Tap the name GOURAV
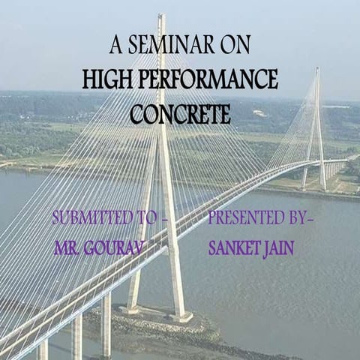coord(122,248)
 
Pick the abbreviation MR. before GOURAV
coord(68,248)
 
